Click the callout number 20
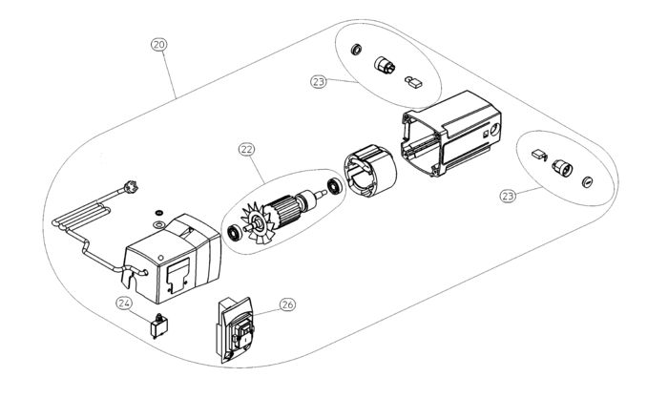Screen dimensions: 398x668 pos(159,44)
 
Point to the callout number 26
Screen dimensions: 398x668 pos(286,305)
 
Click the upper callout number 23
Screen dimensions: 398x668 pos(319,82)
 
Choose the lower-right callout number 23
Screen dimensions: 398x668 pos(509,195)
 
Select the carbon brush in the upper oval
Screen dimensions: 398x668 pos(413,81)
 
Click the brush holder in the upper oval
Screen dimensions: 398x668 pos(386,65)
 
